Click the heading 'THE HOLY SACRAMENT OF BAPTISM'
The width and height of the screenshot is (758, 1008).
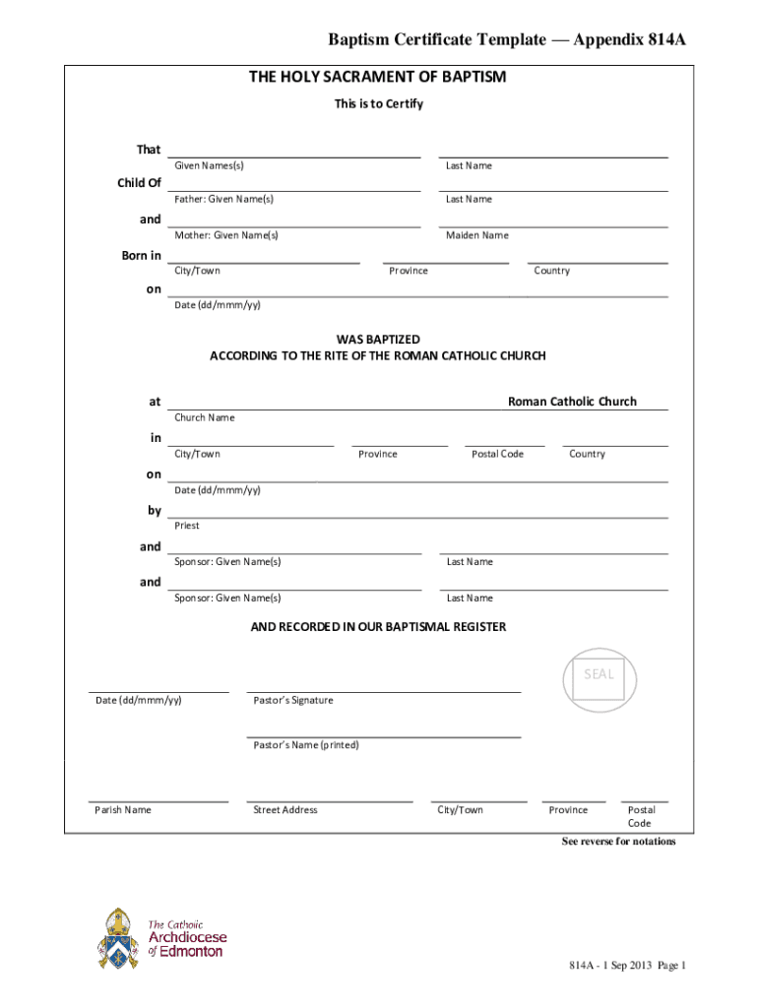[378, 77]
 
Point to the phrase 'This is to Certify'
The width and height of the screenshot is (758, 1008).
[378, 103]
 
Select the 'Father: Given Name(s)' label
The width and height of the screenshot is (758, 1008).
[223, 199]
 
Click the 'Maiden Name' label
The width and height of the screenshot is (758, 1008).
[476, 235]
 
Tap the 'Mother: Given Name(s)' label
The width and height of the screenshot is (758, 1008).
[226, 235]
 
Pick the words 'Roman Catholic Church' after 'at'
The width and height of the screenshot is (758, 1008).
[572, 402]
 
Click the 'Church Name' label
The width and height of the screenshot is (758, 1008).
[205, 417]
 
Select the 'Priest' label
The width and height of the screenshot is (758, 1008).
[187, 526]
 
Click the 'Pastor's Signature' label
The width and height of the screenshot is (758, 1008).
[293, 700]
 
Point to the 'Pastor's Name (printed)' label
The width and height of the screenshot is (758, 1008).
[306, 745]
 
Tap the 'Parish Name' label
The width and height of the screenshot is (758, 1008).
[123, 810]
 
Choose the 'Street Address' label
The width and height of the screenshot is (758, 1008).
[285, 810]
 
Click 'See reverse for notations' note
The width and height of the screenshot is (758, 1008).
[618, 842]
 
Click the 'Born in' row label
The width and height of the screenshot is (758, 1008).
[142, 256]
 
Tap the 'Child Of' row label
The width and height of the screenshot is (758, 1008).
[140, 183]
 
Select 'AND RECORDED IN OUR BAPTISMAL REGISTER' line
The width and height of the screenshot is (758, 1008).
[378, 627]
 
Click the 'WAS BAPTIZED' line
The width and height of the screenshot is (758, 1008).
[378, 339]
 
